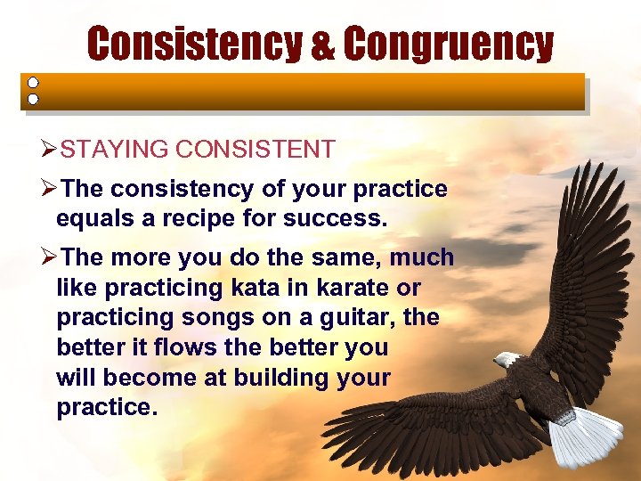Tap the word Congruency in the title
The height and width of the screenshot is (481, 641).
448,44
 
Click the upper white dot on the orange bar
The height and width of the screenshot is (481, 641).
33,82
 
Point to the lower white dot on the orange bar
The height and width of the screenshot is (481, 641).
33,99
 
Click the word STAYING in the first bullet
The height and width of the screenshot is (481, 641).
114,149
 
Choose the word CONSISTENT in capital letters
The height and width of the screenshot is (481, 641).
255,149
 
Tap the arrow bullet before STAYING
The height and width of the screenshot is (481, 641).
50,149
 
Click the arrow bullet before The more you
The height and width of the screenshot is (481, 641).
50,258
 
